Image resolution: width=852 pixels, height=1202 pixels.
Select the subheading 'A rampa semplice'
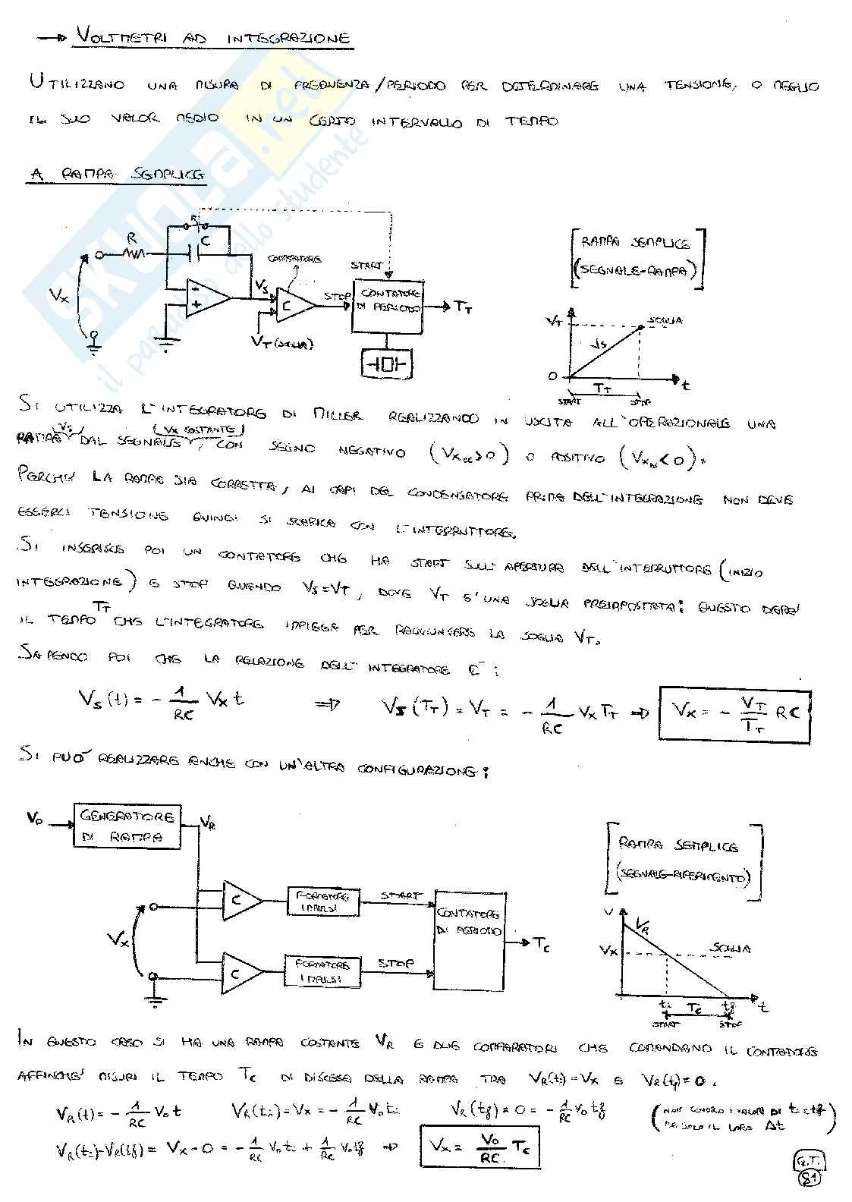pos(118,175)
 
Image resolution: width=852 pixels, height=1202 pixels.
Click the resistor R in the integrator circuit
pos(137,253)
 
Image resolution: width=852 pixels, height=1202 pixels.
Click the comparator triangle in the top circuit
pos(294,306)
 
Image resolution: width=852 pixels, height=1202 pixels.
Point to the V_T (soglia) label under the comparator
pos(282,342)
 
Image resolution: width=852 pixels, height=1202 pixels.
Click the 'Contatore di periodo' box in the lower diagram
pos(469,939)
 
